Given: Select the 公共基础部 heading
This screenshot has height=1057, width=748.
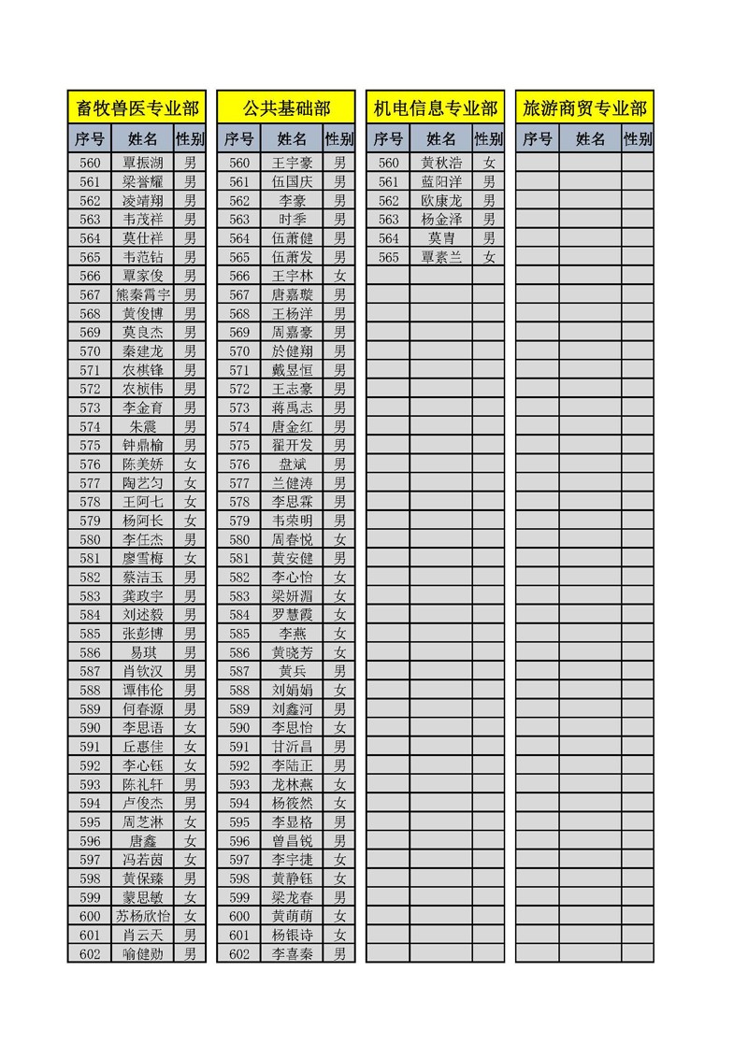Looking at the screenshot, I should click(x=286, y=108).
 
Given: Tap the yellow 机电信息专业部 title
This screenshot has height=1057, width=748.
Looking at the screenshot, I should click(x=435, y=108).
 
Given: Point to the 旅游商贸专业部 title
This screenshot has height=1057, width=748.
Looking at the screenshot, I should click(x=584, y=108).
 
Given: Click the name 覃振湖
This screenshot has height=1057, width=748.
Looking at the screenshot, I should click(x=143, y=163).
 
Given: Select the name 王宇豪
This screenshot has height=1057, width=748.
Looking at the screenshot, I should click(x=292, y=163).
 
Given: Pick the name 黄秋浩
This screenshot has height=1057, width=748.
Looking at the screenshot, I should click(x=441, y=163).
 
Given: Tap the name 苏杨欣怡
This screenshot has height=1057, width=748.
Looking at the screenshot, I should click(x=143, y=916).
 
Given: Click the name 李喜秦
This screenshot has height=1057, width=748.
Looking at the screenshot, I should click(x=292, y=953).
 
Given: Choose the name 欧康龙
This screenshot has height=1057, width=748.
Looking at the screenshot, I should click(x=441, y=201).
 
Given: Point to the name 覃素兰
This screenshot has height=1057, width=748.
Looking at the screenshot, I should click(x=441, y=257).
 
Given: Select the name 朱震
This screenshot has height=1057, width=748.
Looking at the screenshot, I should click(x=143, y=426).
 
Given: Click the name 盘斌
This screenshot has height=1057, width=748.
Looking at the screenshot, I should click(x=292, y=464).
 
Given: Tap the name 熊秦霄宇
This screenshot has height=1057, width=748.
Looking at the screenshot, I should click(x=143, y=294).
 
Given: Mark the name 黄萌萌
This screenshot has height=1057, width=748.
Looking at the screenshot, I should click(x=292, y=916).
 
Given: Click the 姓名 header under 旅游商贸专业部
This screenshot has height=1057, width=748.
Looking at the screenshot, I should click(x=590, y=139).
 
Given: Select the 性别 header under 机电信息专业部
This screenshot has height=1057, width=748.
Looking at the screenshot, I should click(x=488, y=139).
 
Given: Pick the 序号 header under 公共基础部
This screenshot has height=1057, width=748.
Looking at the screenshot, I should click(x=239, y=139).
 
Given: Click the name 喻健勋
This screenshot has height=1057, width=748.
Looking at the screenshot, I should click(x=143, y=953).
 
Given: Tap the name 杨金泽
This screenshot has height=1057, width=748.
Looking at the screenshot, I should click(x=441, y=220).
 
